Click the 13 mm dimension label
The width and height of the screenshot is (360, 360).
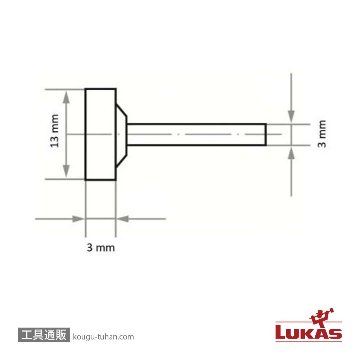tap(55, 131)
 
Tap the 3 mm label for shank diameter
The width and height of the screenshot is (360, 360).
tap(322, 134)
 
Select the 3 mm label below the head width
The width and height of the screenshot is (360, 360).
tap(101, 248)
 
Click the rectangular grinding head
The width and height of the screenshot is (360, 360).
tap(101, 134)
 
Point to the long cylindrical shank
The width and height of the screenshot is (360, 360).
tap(197, 135)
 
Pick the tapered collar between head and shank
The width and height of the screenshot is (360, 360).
tap(121, 135)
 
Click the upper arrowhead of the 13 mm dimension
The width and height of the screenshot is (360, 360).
tap(67, 97)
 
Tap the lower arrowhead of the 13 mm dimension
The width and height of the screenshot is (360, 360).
tap(67, 171)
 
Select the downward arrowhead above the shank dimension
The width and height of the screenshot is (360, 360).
tap(291, 116)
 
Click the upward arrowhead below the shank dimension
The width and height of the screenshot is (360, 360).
tap(291, 153)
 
